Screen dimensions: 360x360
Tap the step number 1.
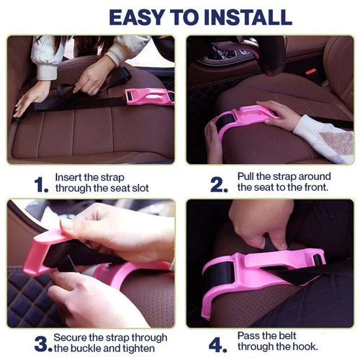[x=41, y=184]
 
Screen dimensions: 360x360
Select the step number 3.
[x=42, y=343]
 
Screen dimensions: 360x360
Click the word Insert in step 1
[x=70, y=177]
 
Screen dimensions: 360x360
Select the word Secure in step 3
[x=73, y=338]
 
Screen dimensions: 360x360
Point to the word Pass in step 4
[x=250, y=336]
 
